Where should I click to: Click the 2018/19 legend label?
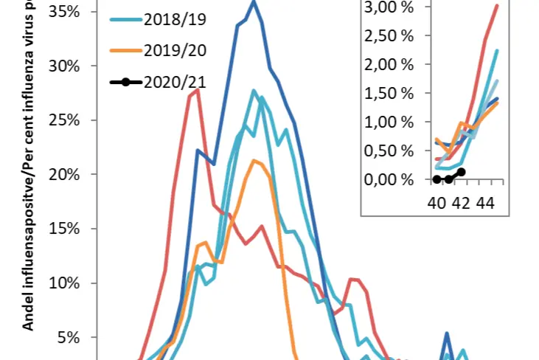click(175, 18)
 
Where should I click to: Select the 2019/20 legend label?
click(175, 49)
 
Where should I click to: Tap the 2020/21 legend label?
click(175, 81)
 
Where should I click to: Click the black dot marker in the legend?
click(126, 81)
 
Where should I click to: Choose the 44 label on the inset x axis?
click(484, 202)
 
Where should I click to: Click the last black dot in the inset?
click(462, 172)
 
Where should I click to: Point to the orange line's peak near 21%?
click(254, 160)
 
